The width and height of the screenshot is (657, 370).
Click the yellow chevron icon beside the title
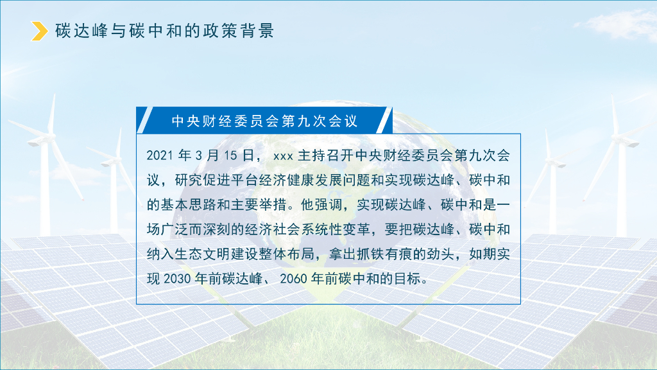point(40,31)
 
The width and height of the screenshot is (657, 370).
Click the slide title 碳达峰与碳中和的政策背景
point(164,31)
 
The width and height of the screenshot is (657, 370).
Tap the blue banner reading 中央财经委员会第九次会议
point(264,121)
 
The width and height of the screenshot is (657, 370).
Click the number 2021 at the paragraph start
point(159,155)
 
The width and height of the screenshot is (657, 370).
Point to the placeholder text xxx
point(283,156)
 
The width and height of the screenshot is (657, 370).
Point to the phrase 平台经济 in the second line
point(275,181)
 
